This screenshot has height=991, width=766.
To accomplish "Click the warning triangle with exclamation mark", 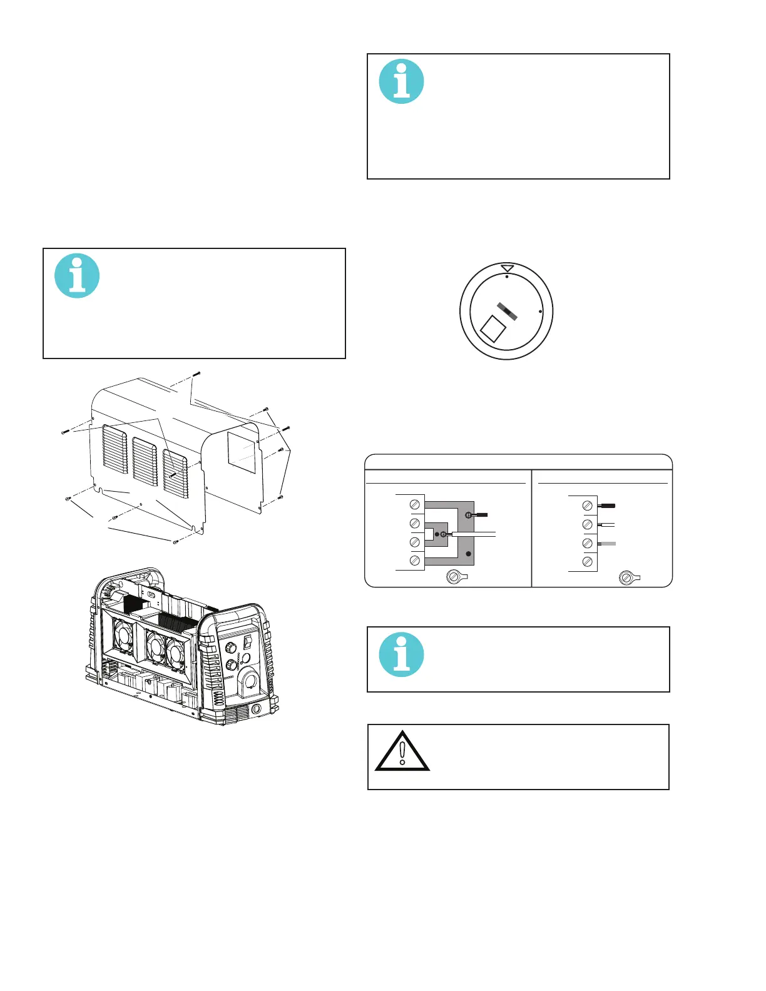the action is coord(402,753).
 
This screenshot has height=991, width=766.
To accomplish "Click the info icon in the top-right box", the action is coord(402,81).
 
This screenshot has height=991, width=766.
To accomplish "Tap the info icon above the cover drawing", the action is coord(77,276).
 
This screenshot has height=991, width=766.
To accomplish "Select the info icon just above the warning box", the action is coord(402,655).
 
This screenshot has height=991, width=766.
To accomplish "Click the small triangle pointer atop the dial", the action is coord(507,268).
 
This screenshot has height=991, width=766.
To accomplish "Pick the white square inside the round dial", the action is coord(492,328).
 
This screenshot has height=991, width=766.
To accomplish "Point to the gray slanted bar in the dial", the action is coord(508,311).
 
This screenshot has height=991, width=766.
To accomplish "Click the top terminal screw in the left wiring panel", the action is coord(414,505).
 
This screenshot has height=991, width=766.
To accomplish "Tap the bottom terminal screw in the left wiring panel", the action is coord(414,561).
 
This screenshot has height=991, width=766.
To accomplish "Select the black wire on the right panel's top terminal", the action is coord(607,506).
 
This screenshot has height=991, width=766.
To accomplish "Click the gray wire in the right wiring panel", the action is coord(608,544).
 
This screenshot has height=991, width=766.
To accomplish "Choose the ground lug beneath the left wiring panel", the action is coord(455,577).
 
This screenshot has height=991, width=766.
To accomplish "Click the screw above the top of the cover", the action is coord(196,374).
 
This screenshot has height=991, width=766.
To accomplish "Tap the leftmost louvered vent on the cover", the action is coord(115,449).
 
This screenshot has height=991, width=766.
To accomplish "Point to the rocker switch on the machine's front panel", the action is coord(247,642).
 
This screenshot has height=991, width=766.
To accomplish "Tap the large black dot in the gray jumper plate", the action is coord(468,554).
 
